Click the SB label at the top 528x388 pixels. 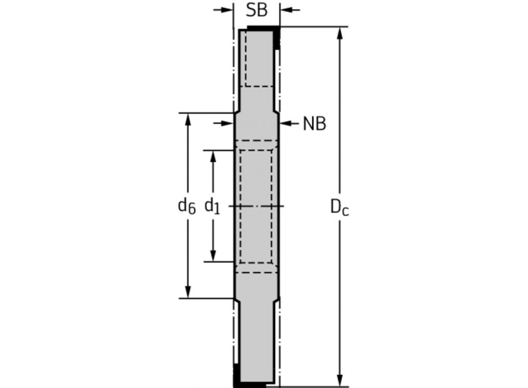click(x=257, y=10)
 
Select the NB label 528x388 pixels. click(x=314, y=124)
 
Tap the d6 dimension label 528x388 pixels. click(x=186, y=206)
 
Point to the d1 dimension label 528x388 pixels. click(x=212, y=206)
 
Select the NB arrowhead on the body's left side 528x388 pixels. click(x=228, y=123)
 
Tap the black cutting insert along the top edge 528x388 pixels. click(x=263, y=28)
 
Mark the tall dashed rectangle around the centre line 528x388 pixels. click(x=256, y=206)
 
